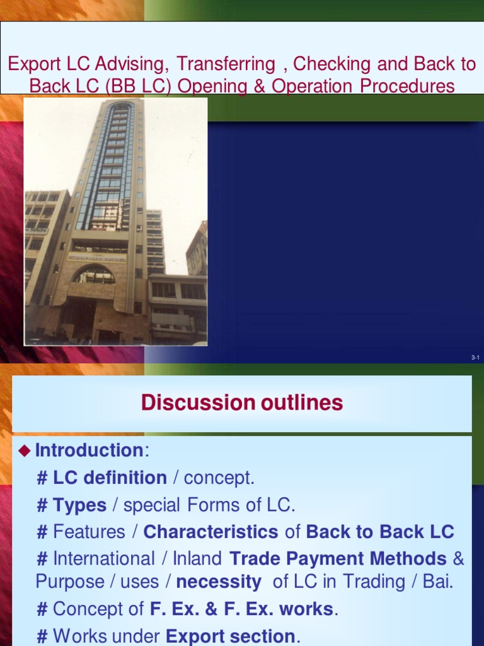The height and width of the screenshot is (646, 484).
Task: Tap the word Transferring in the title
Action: click(226, 64)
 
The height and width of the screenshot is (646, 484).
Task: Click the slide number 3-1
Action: click(475, 358)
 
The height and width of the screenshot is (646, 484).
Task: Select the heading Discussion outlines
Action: click(242, 402)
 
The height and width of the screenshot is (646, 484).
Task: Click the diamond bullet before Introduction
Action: click(25, 450)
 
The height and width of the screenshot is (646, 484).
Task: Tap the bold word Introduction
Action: click(89, 450)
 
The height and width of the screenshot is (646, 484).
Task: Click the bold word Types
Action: click(79, 505)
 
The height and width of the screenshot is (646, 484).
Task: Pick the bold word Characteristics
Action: click(210, 532)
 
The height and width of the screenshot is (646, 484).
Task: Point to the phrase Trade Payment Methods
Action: click(338, 559)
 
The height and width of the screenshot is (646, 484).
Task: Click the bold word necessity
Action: click(218, 582)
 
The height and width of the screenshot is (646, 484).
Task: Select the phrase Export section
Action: click(230, 636)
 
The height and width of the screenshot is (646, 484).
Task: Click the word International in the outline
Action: click(104, 559)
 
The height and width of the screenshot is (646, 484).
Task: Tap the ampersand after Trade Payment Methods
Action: click(459, 559)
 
